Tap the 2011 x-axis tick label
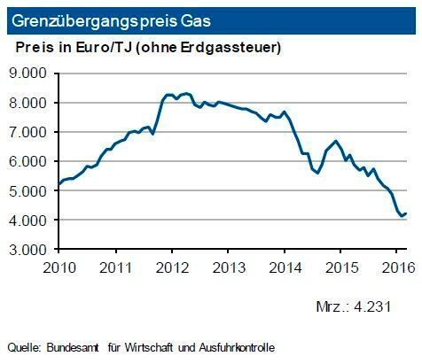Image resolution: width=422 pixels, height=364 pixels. click(x=116, y=267)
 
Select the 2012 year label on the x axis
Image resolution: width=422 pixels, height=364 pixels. click(x=171, y=267)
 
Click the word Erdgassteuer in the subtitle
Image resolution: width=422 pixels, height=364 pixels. click(x=238, y=46)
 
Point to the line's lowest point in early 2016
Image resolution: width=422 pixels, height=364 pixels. click(x=401, y=215)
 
